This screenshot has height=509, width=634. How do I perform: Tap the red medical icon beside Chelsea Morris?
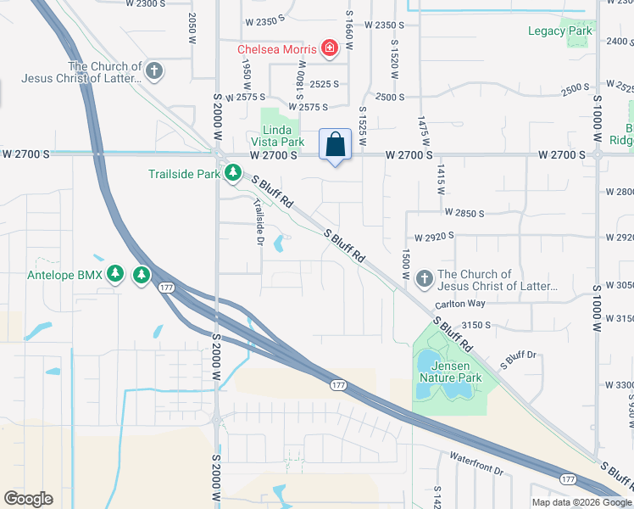pyautogui.click(x=329, y=50)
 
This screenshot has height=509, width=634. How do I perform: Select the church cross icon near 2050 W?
pyautogui.click(x=154, y=70)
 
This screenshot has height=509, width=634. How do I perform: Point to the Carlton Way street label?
pyautogui.click(x=460, y=304)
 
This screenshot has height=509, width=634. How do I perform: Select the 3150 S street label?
pyautogui.click(x=476, y=325)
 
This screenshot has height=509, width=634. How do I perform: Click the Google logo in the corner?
pyautogui.click(x=29, y=499)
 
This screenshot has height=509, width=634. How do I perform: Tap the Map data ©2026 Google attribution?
pyautogui.click(x=581, y=502)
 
